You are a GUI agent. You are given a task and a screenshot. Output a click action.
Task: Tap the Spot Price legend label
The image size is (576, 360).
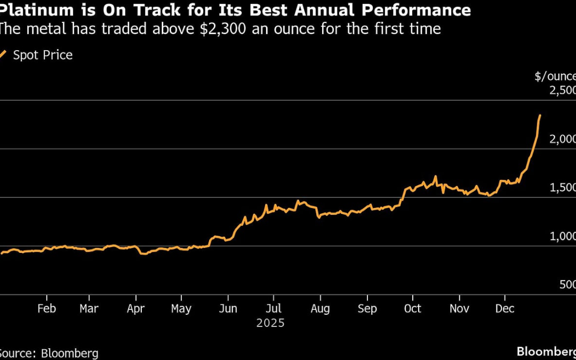tap(42, 55)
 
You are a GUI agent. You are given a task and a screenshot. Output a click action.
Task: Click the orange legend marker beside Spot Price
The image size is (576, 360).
tap(3, 54)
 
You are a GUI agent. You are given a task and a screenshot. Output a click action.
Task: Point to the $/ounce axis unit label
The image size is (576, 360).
tap(555, 76)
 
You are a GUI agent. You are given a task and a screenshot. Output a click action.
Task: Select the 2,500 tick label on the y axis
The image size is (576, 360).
tap(562, 90)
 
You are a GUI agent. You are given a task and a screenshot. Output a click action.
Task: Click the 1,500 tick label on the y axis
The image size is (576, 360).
tap(562, 188)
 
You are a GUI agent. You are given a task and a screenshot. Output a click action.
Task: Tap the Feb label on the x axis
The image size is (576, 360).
tap(46, 309)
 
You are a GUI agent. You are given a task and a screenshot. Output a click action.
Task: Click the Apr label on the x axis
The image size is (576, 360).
tap(136, 309)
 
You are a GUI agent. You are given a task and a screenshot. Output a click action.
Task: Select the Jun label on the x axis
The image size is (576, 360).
tap(228, 309)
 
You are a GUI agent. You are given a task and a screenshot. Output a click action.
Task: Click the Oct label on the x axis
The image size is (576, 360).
tap(412, 309)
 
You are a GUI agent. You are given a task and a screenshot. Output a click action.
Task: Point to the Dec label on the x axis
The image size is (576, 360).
tap(505, 309)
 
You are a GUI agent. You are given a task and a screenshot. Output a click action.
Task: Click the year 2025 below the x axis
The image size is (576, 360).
tap(270, 323)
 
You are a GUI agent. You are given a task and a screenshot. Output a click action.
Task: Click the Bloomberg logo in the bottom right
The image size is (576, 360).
tap(546, 351)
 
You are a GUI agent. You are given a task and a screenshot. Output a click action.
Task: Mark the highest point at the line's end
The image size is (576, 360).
tap(540, 115)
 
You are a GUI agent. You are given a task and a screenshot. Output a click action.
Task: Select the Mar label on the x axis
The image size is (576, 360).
tap(89, 309)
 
